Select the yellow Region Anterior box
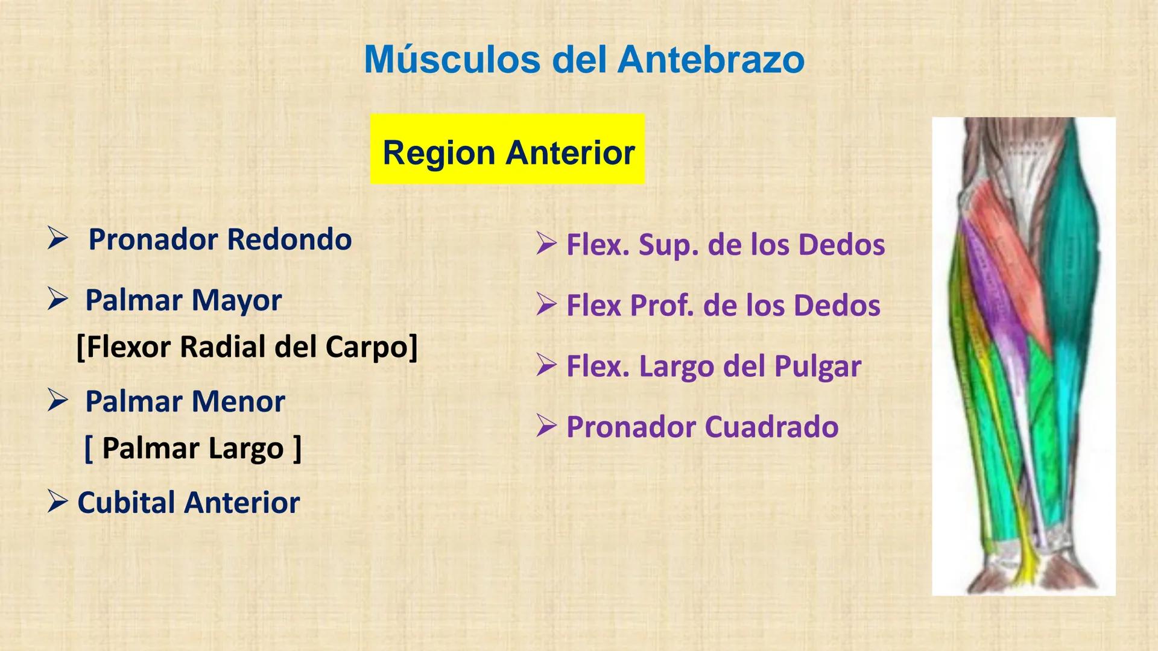(507, 149)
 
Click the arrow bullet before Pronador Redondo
(58, 239)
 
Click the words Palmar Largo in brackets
(192, 448)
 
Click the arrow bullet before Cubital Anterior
(58, 502)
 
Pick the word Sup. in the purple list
(668, 245)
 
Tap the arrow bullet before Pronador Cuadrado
(546, 427)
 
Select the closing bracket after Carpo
(413, 347)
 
